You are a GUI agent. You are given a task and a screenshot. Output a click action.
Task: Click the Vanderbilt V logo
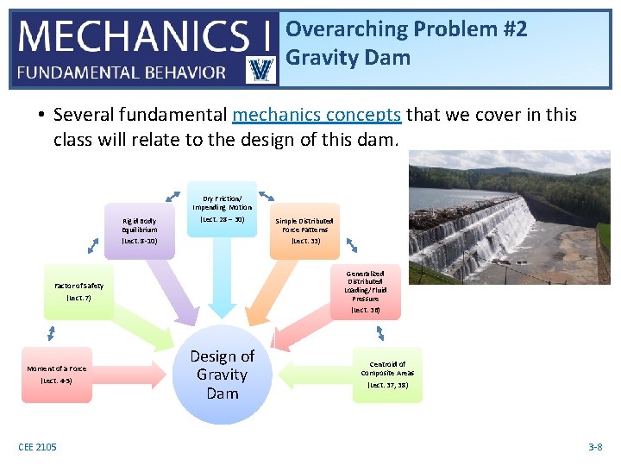[x=260, y=70]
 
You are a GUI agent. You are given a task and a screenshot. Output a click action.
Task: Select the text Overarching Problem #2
[x=406, y=28]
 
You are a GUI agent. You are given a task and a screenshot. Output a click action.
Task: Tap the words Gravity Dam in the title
[x=348, y=59]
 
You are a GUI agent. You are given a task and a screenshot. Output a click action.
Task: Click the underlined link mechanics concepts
[x=317, y=115]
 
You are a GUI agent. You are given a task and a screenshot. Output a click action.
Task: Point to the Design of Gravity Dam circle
[x=222, y=375]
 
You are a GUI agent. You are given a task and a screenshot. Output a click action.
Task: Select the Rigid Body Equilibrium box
[x=139, y=230]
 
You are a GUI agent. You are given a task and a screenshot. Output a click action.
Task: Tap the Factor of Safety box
[x=78, y=292]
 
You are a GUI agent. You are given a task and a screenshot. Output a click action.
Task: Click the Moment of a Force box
[x=56, y=374]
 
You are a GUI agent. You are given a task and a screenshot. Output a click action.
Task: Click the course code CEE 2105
[x=38, y=446]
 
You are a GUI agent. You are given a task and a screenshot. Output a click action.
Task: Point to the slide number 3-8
[x=594, y=446]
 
